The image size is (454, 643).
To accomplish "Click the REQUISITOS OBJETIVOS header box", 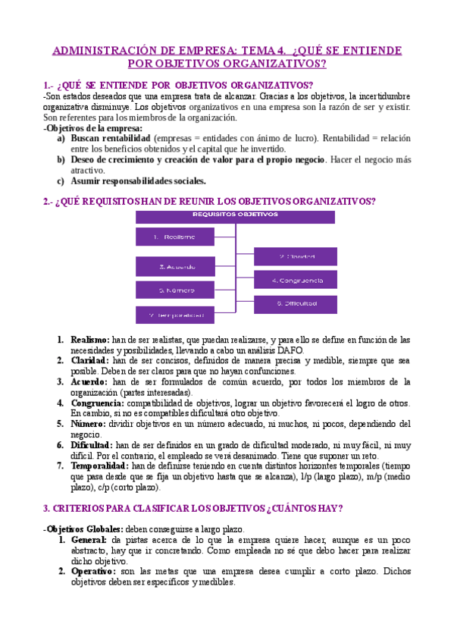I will tap(235, 215).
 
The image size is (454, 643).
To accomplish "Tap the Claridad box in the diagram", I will tap(296, 256).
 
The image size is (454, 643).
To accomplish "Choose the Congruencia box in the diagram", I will tap(296, 280).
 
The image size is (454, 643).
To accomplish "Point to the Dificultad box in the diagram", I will tap(296, 303).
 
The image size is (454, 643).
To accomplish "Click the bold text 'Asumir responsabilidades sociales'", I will tap(138, 181).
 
